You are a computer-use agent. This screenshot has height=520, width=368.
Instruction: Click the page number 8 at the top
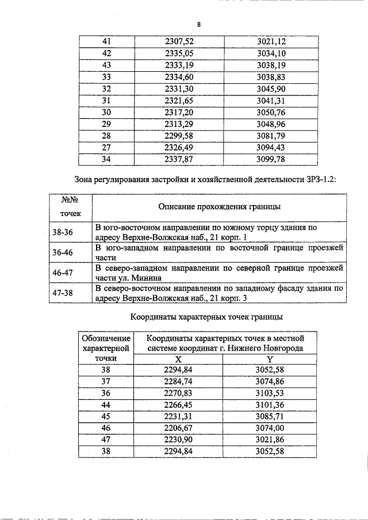click(x=198, y=24)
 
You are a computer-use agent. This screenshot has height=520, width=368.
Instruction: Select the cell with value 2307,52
click(x=179, y=41)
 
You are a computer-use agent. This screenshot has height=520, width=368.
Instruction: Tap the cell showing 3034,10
click(x=271, y=53)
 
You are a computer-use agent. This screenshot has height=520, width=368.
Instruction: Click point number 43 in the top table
click(x=106, y=65)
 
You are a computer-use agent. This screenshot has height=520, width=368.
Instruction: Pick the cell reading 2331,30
click(x=179, y=89)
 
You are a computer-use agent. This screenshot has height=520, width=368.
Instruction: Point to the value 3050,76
click(x=271, y=113)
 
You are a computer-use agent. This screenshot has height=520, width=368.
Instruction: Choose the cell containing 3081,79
click(x=271, y=136)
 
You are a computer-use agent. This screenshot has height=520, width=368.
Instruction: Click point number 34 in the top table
click(x=106, y=160)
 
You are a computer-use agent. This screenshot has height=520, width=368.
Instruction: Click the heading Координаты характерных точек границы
click(x=206, y=317)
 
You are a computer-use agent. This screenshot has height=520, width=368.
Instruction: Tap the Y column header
click(x=270, y=359)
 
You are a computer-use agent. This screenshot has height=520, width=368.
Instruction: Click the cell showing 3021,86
click(x=270, y=440)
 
